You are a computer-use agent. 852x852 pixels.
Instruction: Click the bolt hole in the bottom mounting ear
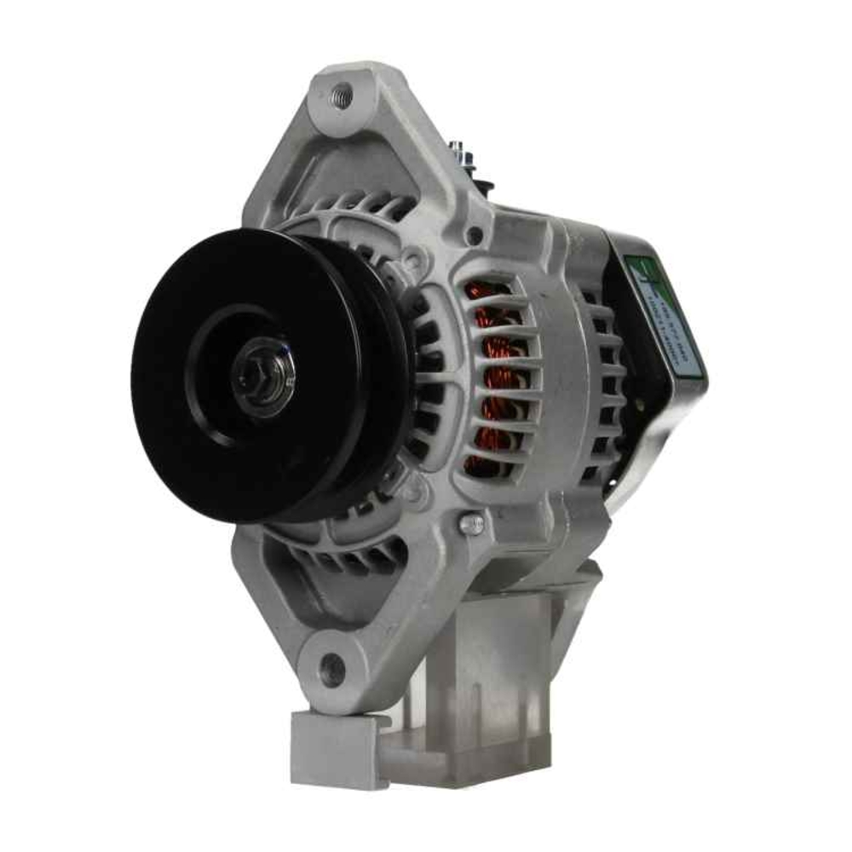[x=333, y=669]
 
